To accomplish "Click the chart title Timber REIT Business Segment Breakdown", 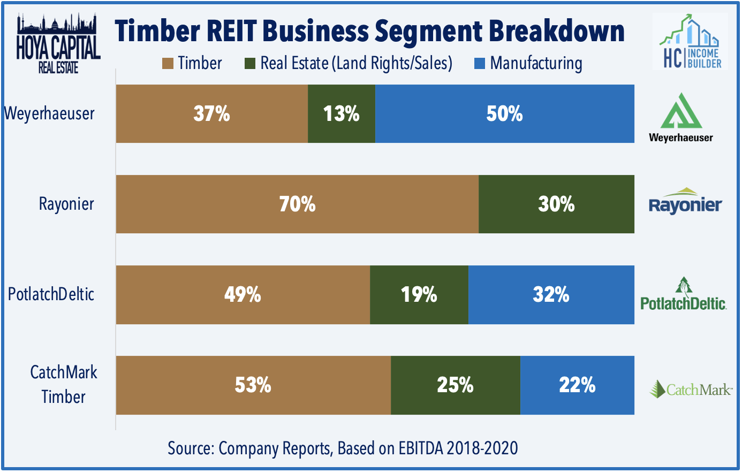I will point(370,30).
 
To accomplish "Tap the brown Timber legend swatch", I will point(167,64).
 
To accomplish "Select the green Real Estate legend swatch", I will point(249,64).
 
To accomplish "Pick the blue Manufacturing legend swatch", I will point(480,64).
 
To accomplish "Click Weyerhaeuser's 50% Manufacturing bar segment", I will point(504,113).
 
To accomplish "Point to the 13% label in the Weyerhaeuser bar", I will point(341,113).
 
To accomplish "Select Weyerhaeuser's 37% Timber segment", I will point(211,113).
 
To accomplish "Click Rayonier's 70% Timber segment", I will point(297,204).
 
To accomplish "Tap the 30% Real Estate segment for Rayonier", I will point(556,204).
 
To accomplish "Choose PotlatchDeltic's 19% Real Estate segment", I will point(419,294).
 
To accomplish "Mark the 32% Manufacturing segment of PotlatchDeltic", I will point(551,294).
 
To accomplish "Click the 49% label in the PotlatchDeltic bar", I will point(243,294).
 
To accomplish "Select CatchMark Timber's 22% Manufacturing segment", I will point(577,385).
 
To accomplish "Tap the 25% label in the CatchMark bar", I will point(455,385).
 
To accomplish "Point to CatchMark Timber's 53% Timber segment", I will point(253,385).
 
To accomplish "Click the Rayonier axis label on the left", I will point(66,204).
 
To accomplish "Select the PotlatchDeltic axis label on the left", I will point(51,294).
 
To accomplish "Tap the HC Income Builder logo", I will point(690,42).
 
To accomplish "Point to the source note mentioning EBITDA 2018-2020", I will point(343,448).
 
